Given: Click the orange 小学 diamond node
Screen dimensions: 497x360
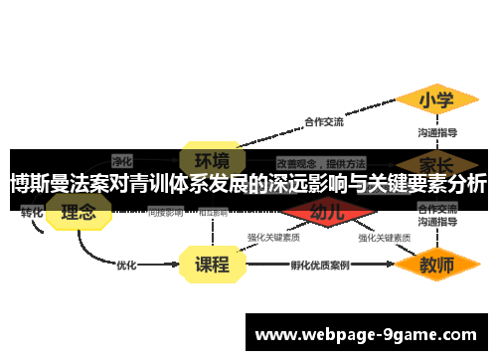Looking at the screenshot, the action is [x=436, y=99].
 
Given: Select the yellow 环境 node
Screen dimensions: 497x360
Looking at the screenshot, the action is [x=211, y=160].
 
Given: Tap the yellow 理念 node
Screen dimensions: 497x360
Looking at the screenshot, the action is [x=79, y=212].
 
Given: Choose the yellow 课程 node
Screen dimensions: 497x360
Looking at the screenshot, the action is [x=211, y=265].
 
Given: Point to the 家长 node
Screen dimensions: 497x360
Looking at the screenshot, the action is [x=437, y=161].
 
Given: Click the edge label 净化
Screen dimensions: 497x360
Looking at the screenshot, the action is [x=122, y=159].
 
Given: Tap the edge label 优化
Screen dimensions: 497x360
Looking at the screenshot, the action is [x=127, y=265].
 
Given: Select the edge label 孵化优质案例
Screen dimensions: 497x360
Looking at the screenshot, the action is [x=320, y=265].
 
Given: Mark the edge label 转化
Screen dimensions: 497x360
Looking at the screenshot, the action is [x=32, y=212].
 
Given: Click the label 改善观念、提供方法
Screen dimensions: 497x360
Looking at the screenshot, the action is [x=321, y=161].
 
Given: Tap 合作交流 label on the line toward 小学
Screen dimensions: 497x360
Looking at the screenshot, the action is [x=323, y=122].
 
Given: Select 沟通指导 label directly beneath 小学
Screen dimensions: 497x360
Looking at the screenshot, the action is [x=437, y=131].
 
